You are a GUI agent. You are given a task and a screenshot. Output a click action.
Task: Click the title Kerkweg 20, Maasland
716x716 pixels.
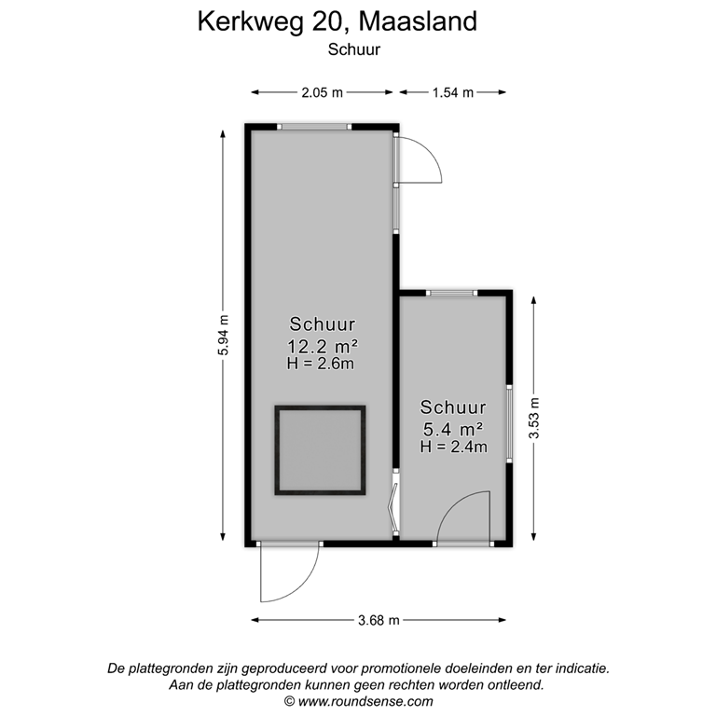pos(337,21)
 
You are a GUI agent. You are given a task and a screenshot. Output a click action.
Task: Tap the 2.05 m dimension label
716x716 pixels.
pos(322,92)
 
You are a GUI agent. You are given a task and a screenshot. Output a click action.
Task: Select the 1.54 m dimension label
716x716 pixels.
pos(452,92)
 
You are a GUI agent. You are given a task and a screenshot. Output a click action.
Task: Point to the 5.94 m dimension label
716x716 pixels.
pos(223,332)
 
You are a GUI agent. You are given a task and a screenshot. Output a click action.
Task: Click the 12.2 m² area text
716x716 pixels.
pos(322,346)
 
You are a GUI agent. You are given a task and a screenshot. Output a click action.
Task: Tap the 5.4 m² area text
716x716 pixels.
pos(453,429)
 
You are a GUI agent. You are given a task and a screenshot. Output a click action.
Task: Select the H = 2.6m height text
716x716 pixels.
pos(322,364)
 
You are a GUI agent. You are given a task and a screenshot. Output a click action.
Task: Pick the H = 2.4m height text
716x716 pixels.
pos(453,447)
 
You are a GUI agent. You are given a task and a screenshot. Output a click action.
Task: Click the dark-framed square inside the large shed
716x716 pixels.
pos(319,451)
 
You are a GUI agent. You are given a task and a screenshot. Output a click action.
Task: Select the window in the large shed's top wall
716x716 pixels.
pos(316,126)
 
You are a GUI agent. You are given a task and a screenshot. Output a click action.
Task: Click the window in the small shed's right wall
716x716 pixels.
pos(509,421)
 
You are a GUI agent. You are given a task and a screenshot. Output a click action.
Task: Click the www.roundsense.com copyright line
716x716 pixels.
pos(358,701)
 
